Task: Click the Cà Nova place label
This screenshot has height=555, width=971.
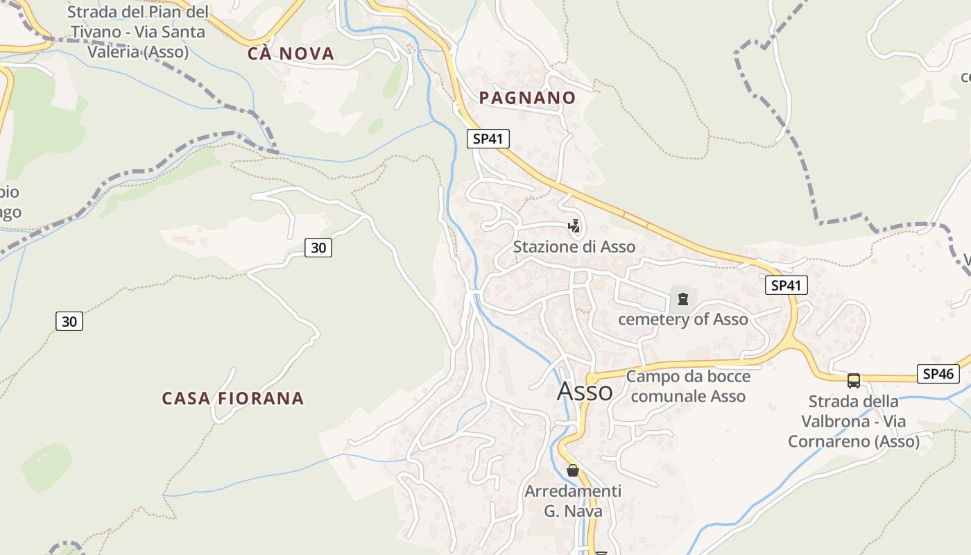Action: (291, 53)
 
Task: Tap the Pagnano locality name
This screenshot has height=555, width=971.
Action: (527, 98)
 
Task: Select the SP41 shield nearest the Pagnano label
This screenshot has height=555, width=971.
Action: (488, 139)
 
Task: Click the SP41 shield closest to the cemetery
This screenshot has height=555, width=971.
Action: (787, 285)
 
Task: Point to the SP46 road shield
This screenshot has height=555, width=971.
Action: (938, 374)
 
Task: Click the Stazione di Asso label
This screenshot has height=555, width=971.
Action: (574, 246)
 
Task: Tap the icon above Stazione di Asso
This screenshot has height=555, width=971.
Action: (574, 225)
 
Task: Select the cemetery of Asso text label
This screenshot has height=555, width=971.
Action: (682, 319)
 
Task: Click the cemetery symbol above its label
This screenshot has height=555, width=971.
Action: (683, 299)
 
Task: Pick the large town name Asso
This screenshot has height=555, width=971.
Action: (585, 391)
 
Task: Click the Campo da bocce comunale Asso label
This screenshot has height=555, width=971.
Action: (688, 386)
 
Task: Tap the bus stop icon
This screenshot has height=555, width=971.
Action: (854, 381)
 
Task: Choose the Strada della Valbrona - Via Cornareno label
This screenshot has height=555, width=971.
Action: (853, 421)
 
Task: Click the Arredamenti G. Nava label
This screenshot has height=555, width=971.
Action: (573, 501)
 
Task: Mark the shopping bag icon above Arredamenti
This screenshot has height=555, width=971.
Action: (573, 471)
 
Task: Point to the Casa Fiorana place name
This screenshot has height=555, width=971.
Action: (232, 398)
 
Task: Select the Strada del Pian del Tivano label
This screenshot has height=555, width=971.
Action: (137, 32)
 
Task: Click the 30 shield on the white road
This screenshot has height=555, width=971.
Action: (318, 247)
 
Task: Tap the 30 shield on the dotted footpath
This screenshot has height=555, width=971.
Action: (69, 321)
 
